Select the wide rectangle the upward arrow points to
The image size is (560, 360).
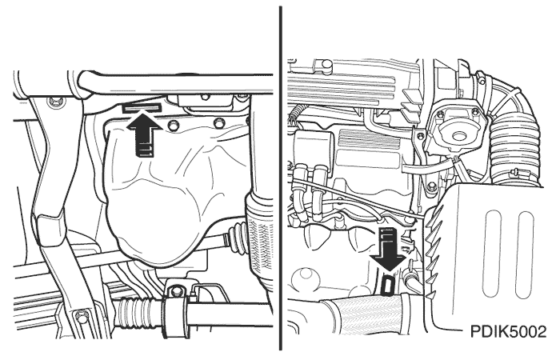142,107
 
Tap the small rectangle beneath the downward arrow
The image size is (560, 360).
387,285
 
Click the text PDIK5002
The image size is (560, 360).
508,332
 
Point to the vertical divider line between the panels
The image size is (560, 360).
281,178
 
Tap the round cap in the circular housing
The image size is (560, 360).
458,136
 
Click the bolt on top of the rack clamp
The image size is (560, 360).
176,291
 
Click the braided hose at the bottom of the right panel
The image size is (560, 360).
361,314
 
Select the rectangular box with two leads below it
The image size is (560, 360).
314,146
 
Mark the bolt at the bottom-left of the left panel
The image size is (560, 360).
81,315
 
